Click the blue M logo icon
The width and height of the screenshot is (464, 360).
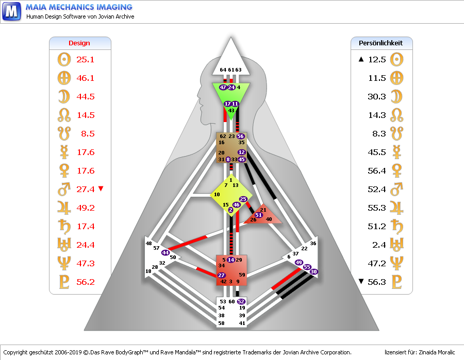(x=12, y=11)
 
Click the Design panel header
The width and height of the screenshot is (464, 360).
(x=79, y=43)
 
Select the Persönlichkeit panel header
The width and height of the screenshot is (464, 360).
(x=381, y=43)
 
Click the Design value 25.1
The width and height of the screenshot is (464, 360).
(x=85, y=60)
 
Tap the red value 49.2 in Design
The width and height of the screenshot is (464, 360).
(x=85, y=208)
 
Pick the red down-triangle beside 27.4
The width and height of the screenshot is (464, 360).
(x=101, y=189)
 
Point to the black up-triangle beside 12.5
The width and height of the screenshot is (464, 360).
(x=361, y=60)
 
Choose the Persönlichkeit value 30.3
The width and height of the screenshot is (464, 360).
(x=377, y=97)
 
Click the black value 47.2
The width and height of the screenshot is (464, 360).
(x=377, y=264)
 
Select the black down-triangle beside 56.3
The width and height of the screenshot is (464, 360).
(x=361, y=282)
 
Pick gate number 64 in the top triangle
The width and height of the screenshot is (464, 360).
(x=223, y=70)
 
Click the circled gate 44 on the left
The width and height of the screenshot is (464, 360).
(x=165, y=252)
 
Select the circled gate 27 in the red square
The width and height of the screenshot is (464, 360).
(x=222, y=276)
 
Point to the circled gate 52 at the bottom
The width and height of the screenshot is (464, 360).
(x=241, y=301)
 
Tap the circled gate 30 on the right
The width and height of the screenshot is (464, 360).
(x=314, y=271)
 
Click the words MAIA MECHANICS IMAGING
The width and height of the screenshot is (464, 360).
(x=79, y=7)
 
